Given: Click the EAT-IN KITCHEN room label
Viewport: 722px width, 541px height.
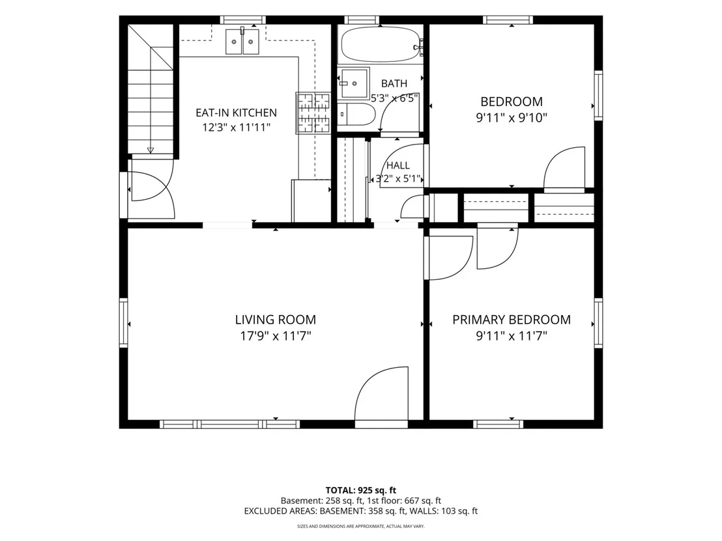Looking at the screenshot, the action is (x=237, y=113).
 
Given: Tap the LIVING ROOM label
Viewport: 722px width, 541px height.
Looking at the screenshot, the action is (x=276, y=320).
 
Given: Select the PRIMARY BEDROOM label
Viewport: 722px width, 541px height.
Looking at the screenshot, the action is (x=512, y=320).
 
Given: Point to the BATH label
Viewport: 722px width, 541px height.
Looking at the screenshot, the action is (x=394, y=84).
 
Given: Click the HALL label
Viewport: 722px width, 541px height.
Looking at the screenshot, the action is (x=398, y=165).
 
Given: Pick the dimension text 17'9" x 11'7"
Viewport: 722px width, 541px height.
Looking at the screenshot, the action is (x=276, y=337).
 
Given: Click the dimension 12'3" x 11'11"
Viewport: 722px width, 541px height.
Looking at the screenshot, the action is (x=237, y=128).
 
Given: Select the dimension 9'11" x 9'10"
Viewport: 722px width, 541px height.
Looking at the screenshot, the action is (x=512, y=118).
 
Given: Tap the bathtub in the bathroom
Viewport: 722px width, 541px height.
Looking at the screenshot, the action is (x=381, y=44).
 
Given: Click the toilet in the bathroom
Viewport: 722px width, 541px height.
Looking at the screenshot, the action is (x=357, y=114).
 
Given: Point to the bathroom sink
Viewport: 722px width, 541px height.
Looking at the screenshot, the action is (x=354, y=84).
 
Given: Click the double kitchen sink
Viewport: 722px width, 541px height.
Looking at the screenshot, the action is (x=242, y=42).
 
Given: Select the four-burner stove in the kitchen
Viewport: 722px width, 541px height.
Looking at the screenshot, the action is (x=313, y=113).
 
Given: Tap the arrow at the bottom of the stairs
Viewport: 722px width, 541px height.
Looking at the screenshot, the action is (x=151, y=150).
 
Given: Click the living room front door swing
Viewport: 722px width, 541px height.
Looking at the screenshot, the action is (x=382, y=393).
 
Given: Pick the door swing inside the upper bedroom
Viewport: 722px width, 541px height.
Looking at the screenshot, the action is (x=564, y=168).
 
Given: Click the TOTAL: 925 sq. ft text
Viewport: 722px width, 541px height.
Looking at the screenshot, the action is (x=361, y=490).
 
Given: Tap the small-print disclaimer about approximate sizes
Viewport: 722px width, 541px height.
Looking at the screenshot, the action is (x=361, y=526).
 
